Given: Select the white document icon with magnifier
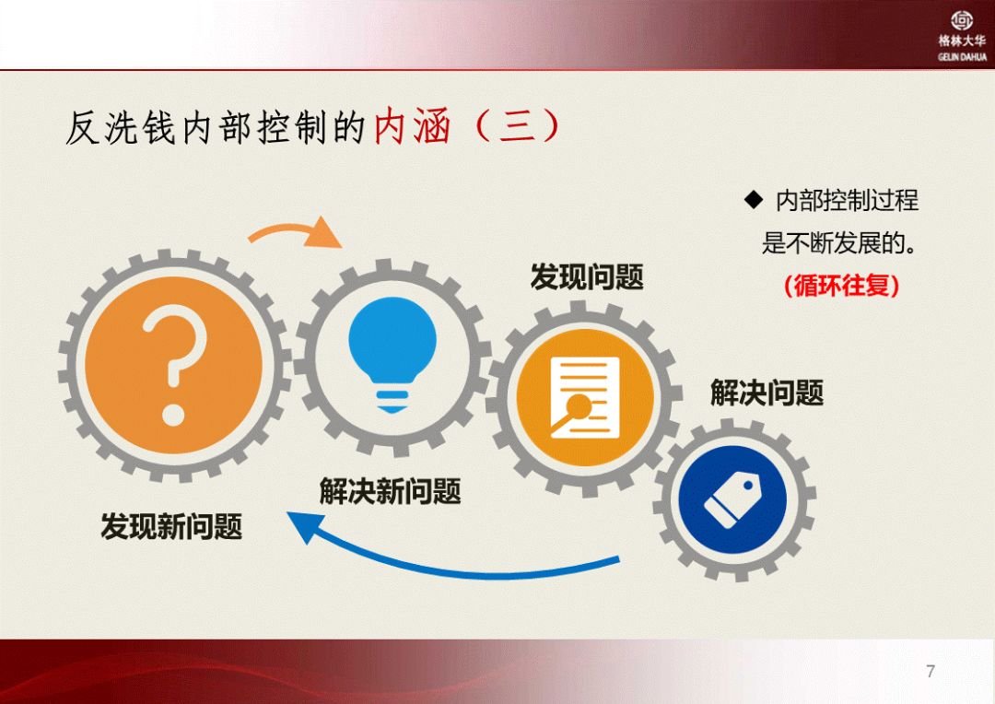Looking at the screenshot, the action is [584, 397].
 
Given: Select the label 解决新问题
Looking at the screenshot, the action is [391, 491].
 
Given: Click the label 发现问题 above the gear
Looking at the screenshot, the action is [587, 276].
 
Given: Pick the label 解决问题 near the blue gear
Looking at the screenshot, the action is [767, 393].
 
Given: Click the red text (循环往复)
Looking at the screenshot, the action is [842, 285].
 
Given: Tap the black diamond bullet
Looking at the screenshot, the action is [754, 200].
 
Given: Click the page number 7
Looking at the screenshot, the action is [931, 671].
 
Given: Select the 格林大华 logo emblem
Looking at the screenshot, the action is [962, 20].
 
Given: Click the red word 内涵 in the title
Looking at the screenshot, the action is [413, 126].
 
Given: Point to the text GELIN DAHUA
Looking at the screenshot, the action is [962, 57].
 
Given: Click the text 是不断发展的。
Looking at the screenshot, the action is [840, 242].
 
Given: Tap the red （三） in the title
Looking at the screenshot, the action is [517, 125].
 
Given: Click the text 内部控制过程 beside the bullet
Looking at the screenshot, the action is [848, 200].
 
